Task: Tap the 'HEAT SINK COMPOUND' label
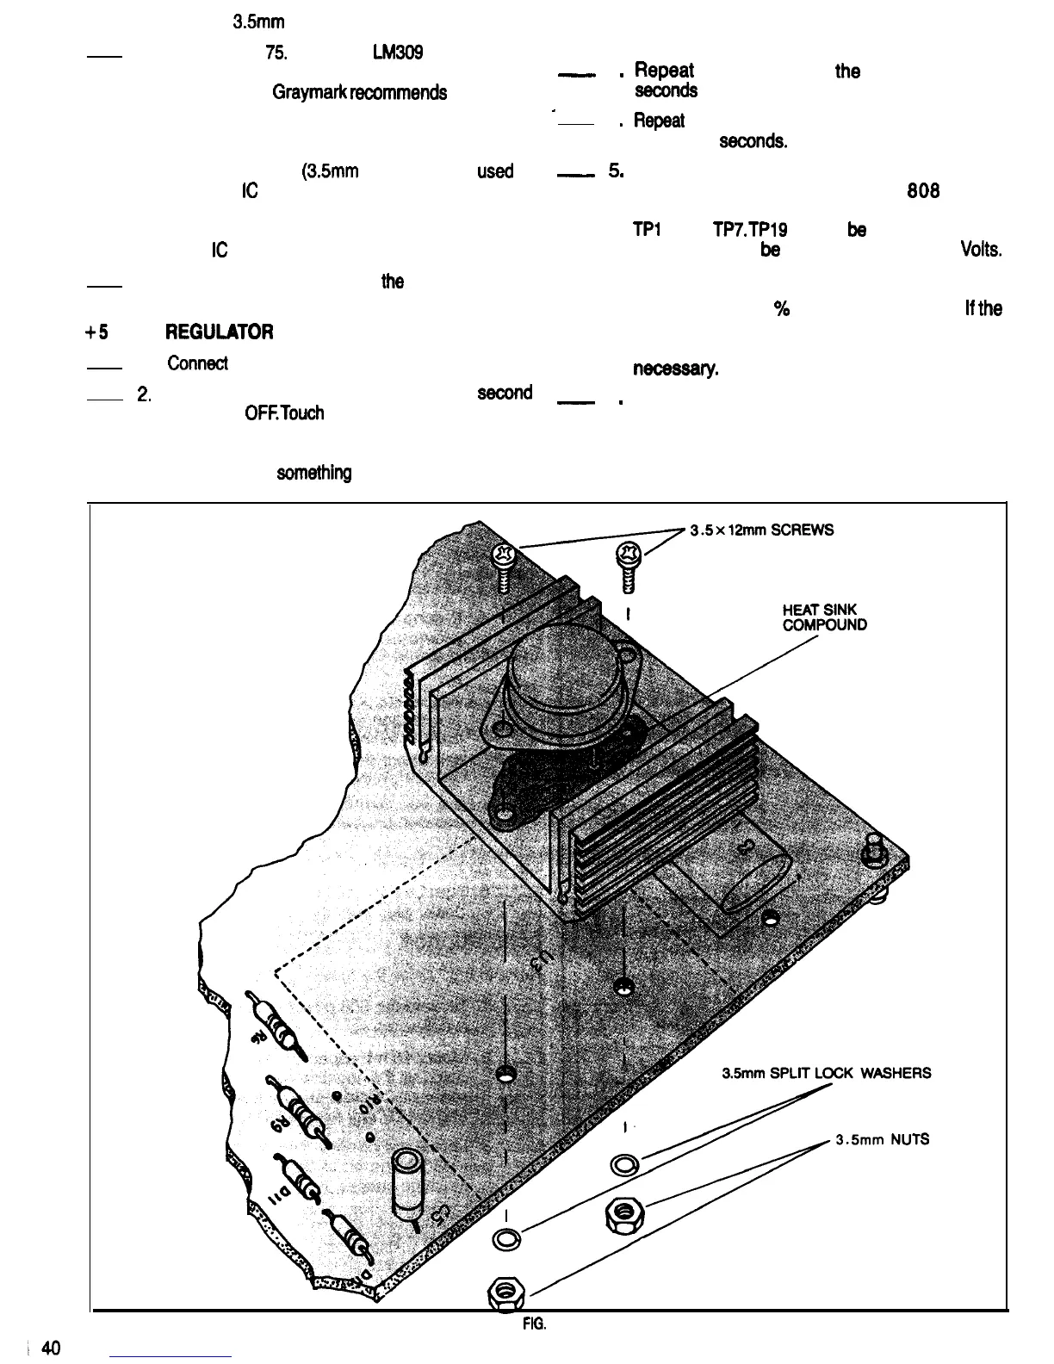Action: coord(824,617)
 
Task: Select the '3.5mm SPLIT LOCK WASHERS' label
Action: coord(826,1073)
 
